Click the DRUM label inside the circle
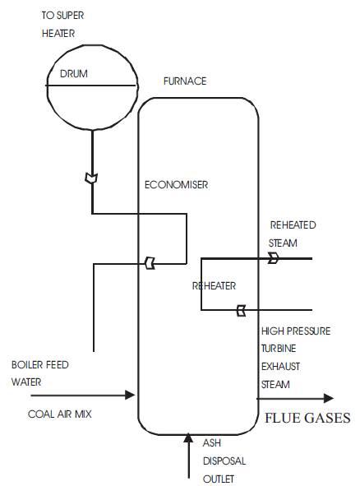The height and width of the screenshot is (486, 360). tap(74, 74)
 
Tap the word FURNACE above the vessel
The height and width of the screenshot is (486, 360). tap(185, 81)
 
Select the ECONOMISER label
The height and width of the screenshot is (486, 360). tap(176, 185)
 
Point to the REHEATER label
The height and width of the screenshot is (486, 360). tap(214, 286)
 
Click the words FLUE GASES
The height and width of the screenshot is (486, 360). tap(307, 418)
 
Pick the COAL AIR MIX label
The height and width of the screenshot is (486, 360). tap(60, 414)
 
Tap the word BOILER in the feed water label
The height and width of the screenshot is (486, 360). tap(26, 365)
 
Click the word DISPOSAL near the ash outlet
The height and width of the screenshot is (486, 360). tap(224, 461)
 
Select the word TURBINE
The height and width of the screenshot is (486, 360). tap(279, 349)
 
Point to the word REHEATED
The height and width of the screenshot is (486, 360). tap(293, 225)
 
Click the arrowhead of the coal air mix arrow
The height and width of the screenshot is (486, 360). tap(130, 395)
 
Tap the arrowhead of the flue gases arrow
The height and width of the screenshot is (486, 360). tap(329, 398)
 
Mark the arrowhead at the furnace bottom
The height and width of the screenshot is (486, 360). tap(188, 437)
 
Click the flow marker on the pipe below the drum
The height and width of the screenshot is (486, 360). tap(92, 178)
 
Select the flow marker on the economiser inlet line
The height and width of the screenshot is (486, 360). tap(150, 263)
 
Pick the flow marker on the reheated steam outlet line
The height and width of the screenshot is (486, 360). tap(273, 258)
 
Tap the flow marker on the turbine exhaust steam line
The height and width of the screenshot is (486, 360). tap(241, 310)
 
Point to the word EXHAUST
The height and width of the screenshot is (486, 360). tap(281, 367)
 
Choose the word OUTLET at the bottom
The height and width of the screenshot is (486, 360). tap(219, 479)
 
